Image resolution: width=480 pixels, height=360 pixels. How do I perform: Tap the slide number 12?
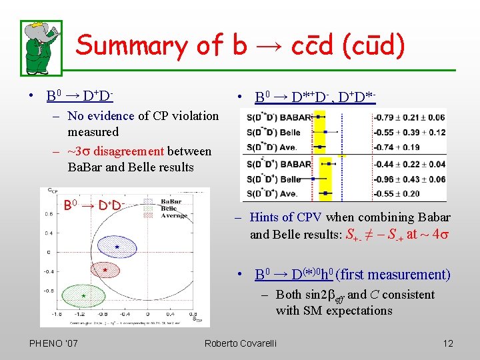click(x=447, y=343)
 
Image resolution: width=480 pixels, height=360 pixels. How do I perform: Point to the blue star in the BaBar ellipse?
click(x=117, y=247)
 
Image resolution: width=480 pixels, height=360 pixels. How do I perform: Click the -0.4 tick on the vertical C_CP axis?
click(x=49, y=271)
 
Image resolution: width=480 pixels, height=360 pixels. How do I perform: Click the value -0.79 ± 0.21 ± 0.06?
click(x=409, y=118)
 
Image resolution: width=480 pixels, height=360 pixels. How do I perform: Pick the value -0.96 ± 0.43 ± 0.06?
click(x=409, y=179)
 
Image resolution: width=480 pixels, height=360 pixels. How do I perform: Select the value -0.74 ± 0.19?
click(x=401, y=147)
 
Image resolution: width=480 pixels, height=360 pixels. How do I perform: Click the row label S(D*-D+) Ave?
click(x=274, y=194)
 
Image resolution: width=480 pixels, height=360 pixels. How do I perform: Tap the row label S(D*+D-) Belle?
click(x=274, y=133)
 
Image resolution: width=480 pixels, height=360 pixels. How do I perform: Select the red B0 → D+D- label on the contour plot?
click(x=93, y=203)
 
